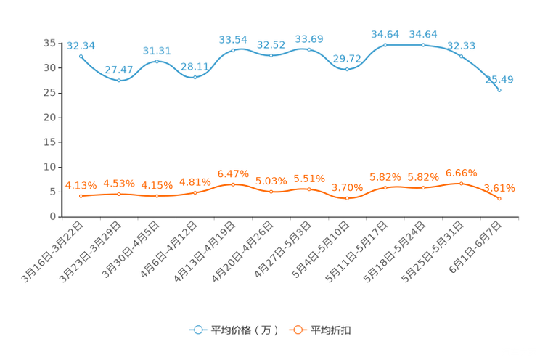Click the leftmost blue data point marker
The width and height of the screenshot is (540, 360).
pyautogui.click(x=81, y=55)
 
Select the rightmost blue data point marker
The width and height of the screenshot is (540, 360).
pyautogui.click(x=499, y=90)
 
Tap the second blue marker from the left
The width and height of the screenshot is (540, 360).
pyautogui.click(x=119, y=79)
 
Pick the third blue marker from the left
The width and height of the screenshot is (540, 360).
pyautogui.click(x=157, y=62)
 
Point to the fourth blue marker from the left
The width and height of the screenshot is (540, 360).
pyautogui.click(x=195, y=75)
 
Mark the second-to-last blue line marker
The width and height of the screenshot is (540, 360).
pyautogui.click(x=462, y=56)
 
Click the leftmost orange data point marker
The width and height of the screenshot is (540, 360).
pyautogui.click(x=81, y=196)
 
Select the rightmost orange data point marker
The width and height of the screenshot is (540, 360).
pyautogui.click(x=499, y=198)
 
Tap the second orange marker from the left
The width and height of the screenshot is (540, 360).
pyautogui.click(x=119, y=194)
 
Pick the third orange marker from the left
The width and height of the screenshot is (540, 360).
pyautogui.click(x=157, y=196)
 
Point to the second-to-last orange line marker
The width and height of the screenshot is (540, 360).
pyautogui.click(x=462, y=184)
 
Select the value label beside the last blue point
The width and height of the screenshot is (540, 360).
pyautogui.click(x=504, y=79)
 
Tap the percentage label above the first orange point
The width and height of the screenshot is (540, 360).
pyautogui.click(x=80, y=186)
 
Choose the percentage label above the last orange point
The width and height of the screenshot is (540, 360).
pyautogui.click(x=500, y=189)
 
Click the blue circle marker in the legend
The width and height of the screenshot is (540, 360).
pyautogui.click(x=197, y=330)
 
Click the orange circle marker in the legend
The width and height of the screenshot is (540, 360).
pyautogui.click(x=298, y=330)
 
